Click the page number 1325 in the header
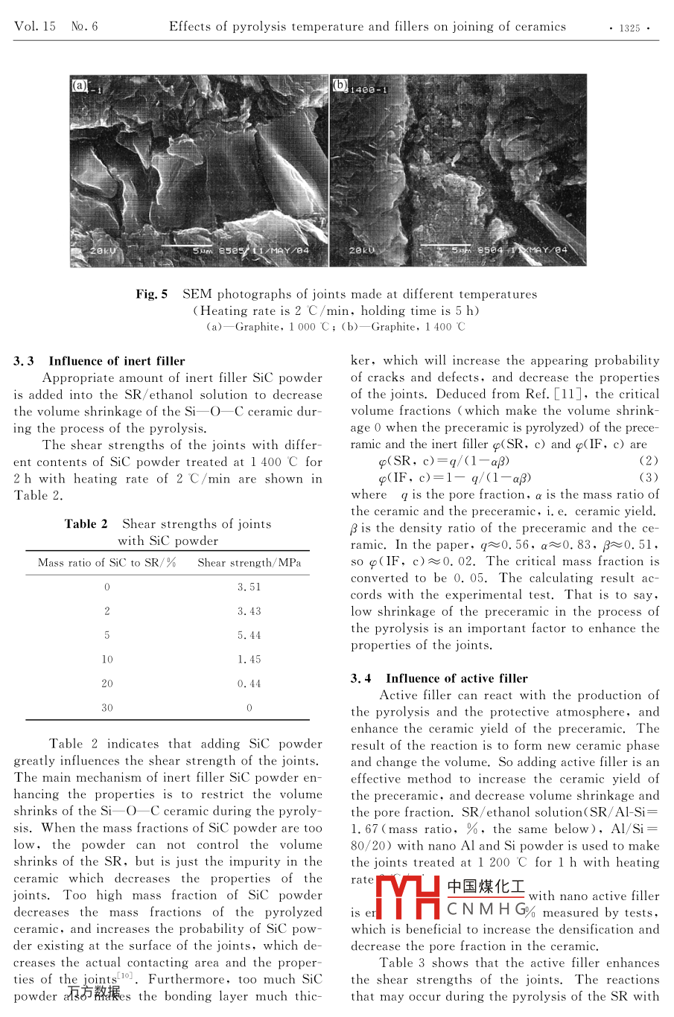[629, 28]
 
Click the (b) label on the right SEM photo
[340, 86]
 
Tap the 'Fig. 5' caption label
[151, 294]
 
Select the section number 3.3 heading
[24, 361]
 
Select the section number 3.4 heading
[361, 678]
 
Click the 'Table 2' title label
[86, 524]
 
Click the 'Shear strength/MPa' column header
[249, 563]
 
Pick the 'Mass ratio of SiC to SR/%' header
[106, 563]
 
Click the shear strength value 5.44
[249, 635]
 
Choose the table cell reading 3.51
[249, 587]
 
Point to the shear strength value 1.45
[249, 660]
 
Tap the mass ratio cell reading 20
[107, 683]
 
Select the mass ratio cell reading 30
[107, 708]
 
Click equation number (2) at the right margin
[649, 461]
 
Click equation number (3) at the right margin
[649, 477]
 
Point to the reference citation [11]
[569, 394]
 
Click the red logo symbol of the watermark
[408, 897]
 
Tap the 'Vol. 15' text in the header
[35, 27]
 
